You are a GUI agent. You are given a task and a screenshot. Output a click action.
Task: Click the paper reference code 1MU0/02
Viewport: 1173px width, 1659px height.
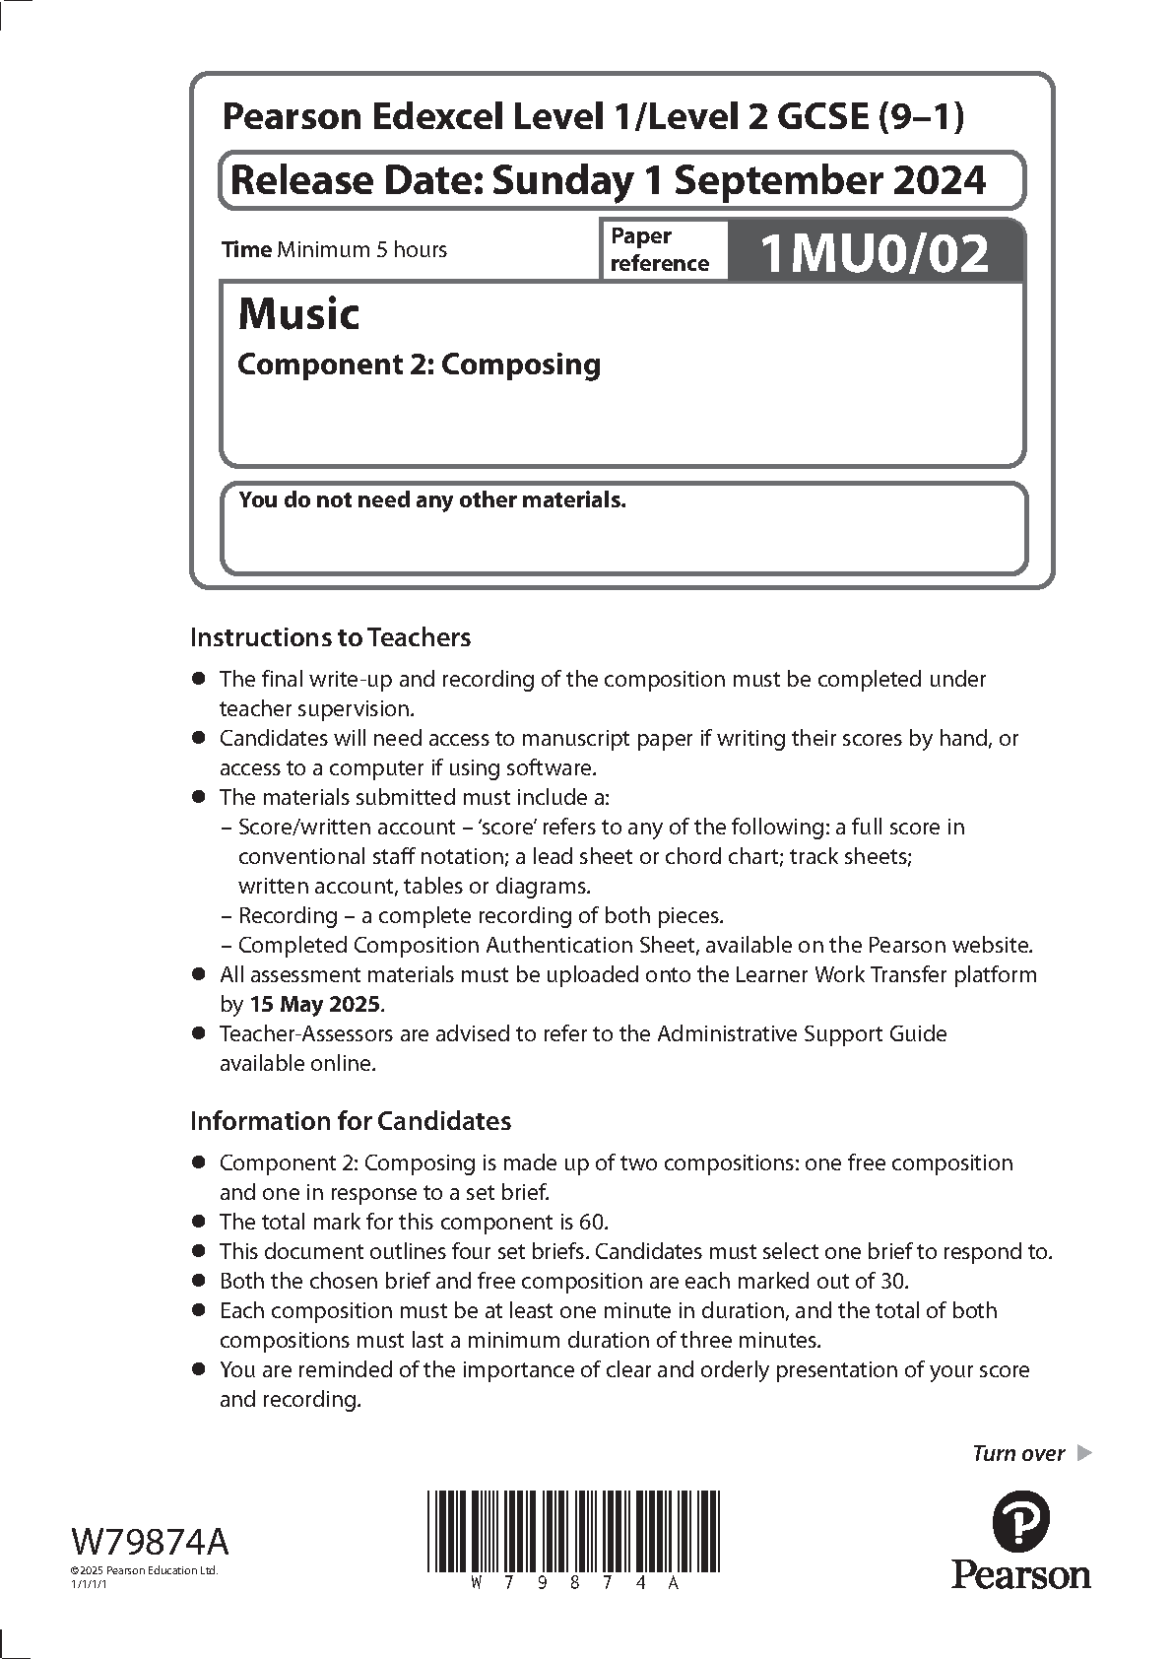(875, 253)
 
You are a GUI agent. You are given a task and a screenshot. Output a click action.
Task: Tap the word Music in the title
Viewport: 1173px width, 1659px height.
(298, 314)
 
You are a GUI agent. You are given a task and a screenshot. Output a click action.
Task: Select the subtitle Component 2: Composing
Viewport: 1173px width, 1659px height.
(420, 365)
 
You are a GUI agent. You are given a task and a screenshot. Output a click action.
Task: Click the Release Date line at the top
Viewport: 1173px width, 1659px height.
(607, 180)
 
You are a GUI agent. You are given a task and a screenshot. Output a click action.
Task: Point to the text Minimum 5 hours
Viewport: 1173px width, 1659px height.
(361, 250)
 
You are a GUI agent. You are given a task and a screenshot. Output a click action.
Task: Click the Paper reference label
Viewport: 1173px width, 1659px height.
(659, 249)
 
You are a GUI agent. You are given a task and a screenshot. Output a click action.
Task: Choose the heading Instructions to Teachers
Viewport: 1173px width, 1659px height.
(330, 637)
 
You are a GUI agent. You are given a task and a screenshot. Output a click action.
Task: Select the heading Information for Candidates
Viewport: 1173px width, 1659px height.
(350, 1121)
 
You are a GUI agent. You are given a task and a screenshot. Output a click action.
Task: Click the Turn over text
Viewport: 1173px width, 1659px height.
(1018, 1453)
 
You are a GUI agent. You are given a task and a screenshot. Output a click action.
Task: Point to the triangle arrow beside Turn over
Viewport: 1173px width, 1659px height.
(1084, 1452)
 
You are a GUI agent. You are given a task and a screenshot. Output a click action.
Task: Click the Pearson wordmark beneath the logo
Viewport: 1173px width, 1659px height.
(1020, 1573)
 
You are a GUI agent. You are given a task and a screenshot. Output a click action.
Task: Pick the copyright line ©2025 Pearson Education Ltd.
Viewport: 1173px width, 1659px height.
(143, 1570)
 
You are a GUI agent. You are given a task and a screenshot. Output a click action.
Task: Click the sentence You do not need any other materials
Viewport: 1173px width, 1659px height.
(432, 500)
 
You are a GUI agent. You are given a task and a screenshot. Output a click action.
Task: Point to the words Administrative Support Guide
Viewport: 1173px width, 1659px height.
(802, 1034)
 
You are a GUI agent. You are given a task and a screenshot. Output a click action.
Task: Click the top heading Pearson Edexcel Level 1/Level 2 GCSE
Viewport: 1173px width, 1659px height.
(593, 117)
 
